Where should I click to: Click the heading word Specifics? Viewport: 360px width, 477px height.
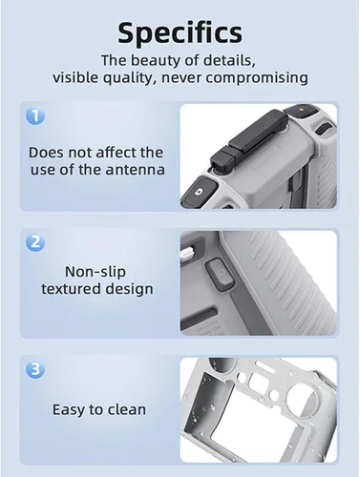point(180,32)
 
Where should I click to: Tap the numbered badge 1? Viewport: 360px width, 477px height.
point(35,115)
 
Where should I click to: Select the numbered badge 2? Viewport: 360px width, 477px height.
point(35,242)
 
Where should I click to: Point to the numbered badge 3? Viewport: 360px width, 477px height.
point(35,369)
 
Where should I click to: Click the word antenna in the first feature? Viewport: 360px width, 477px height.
point(136,170)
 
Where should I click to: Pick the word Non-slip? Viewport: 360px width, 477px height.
point(95,271)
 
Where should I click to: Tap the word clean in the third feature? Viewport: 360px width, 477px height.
point(127,409)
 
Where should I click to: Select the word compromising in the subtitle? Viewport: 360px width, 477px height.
point(257,78)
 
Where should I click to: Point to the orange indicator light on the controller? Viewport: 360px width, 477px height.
point(301,109)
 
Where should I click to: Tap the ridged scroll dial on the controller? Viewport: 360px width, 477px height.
point(322,131)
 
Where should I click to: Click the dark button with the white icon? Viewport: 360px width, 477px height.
point(200,191)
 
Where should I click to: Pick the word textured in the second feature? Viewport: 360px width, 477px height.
point(72,289)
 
